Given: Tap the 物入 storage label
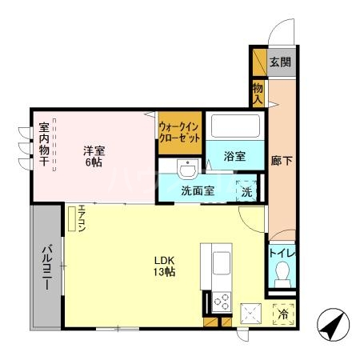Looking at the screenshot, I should click(258, 94).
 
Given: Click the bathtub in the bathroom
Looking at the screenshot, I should click(234, 126).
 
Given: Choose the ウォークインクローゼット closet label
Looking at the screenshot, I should click(178, 131).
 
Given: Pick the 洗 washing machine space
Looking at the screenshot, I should click(247, 192).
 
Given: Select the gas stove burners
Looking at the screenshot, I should click(220, 302).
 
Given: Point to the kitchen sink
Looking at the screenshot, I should click(220, 260).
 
